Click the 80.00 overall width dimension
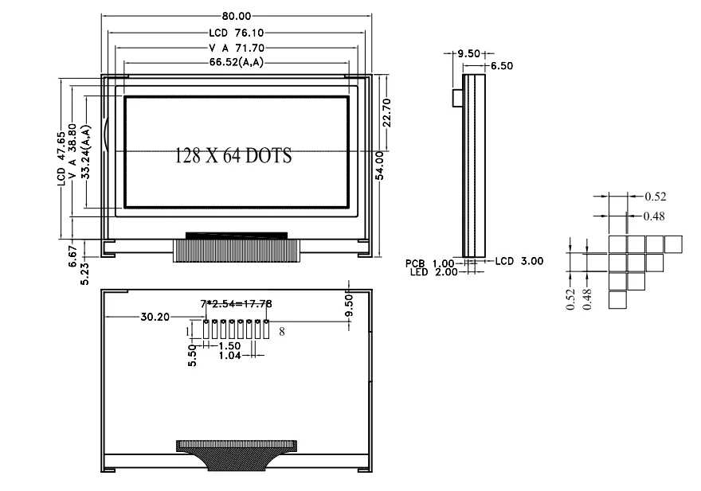[236, 16]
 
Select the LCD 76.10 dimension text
[236, 33]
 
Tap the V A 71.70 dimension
[236, 48]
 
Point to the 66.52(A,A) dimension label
[237, 62]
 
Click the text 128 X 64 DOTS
[233, 156]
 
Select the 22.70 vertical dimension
[386, 113]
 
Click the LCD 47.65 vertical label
[61, 158]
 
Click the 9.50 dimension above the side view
[467, 53]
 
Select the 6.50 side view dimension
[501, 67]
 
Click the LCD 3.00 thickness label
[519, 261]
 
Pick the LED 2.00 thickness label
[429, 272]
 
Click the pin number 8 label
[282, 329]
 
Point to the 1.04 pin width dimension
[230, 356]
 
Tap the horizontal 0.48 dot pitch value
[654, 216]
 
